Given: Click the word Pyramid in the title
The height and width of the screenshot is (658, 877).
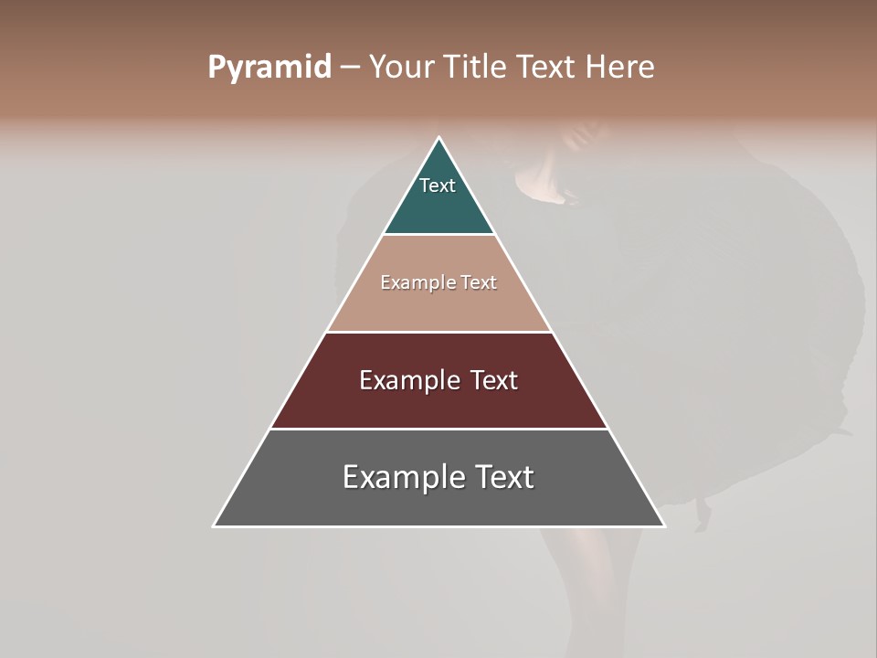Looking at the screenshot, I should [269, 68].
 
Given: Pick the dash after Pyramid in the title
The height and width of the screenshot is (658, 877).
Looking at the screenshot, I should [350, 68].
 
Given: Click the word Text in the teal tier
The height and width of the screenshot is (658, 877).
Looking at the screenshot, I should [438, 186].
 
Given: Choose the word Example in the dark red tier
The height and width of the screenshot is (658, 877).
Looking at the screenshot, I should [407, 380].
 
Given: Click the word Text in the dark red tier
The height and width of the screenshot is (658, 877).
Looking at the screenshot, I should [494, 380].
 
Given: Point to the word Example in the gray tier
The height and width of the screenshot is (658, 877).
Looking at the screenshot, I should [403, 477].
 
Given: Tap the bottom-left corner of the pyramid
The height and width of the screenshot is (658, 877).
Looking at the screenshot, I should [214, 525].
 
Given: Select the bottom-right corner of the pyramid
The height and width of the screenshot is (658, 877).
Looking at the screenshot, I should [664, 525].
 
